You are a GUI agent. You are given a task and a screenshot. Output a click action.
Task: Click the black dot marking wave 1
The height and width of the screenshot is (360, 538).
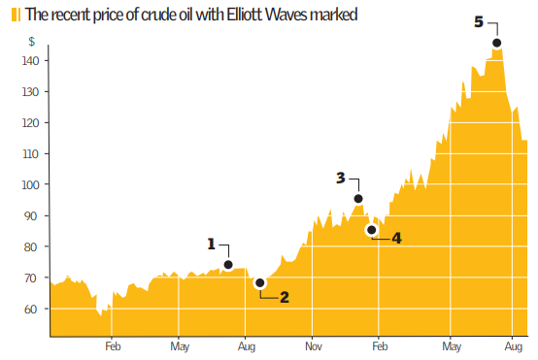click(x=228, y=265)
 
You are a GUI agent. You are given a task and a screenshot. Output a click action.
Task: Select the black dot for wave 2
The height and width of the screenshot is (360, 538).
click(x=260, y=283)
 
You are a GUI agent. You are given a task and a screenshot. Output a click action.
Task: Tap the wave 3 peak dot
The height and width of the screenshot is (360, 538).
click(x=358, y=199)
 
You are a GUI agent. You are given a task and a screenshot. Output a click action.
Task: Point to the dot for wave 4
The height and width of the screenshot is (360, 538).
click(x=371, y=230)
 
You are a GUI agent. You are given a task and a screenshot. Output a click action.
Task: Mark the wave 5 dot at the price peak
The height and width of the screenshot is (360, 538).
click(x=496, y=43)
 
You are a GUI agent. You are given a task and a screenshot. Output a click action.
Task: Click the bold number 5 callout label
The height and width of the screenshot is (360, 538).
click(x=479, y=22)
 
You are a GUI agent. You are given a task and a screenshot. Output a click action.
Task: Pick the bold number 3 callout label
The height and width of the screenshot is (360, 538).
click(x=340, y=178)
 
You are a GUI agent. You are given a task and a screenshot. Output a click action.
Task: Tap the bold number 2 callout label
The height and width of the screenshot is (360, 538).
click(x=285, y=297)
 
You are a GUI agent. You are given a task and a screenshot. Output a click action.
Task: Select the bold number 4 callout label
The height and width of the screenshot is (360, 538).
click(x=396, y=238)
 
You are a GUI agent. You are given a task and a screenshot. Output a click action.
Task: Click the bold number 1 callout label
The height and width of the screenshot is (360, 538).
click(x=212, y=245)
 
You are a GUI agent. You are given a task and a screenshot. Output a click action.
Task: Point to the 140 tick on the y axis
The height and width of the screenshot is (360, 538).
click(x=30, y=61)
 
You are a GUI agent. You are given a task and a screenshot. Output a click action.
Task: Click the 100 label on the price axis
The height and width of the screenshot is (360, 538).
click(x=30, y=185)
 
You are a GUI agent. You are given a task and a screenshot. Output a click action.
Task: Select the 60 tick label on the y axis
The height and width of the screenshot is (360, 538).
click(x=30, y=310)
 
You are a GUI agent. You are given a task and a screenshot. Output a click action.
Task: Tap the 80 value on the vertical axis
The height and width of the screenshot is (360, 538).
click(x=30, y=247)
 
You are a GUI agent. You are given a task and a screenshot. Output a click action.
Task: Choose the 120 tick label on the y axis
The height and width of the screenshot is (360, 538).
click(x=30, y=123)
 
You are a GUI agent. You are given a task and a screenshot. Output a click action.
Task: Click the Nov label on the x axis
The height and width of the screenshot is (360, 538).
click(x=314, y=346)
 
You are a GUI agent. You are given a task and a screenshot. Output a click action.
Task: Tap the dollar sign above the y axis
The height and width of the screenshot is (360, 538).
click(x=32, y=42)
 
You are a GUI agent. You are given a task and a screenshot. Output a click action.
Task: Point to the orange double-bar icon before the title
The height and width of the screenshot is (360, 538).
click(x=16, y=15)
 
